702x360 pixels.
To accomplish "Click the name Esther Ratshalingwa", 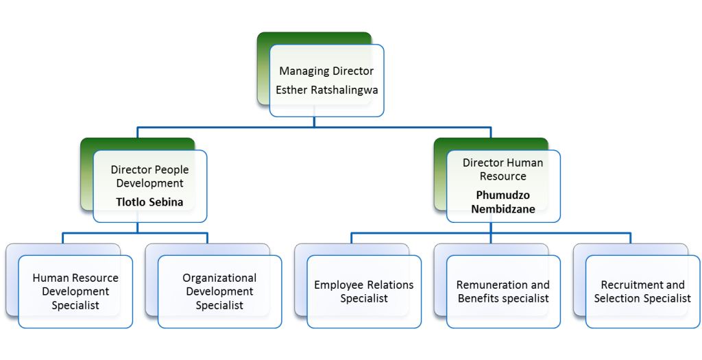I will tap(326, 90).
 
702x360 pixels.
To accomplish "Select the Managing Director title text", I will tap(326, 71).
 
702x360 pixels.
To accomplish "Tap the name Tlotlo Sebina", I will tap(150, 202).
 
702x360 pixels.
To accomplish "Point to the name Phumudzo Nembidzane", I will tap(503, 202).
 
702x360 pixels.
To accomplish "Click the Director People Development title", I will tap(149, 176).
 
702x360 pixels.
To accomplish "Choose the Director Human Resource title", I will tap(503, 169).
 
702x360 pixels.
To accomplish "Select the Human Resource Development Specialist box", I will tap(75, 291).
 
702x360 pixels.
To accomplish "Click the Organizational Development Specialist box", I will tap(219, 291).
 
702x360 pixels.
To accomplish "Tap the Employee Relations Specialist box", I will tap(364, 291).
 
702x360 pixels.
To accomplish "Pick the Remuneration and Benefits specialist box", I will tap(503, 291).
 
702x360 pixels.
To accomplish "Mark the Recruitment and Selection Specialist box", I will tap(642, 291).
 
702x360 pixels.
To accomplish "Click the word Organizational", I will tap(219, 278).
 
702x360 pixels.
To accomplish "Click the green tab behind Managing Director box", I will tap(264, 69).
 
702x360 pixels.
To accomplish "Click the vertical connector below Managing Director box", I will tap(315, 122).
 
